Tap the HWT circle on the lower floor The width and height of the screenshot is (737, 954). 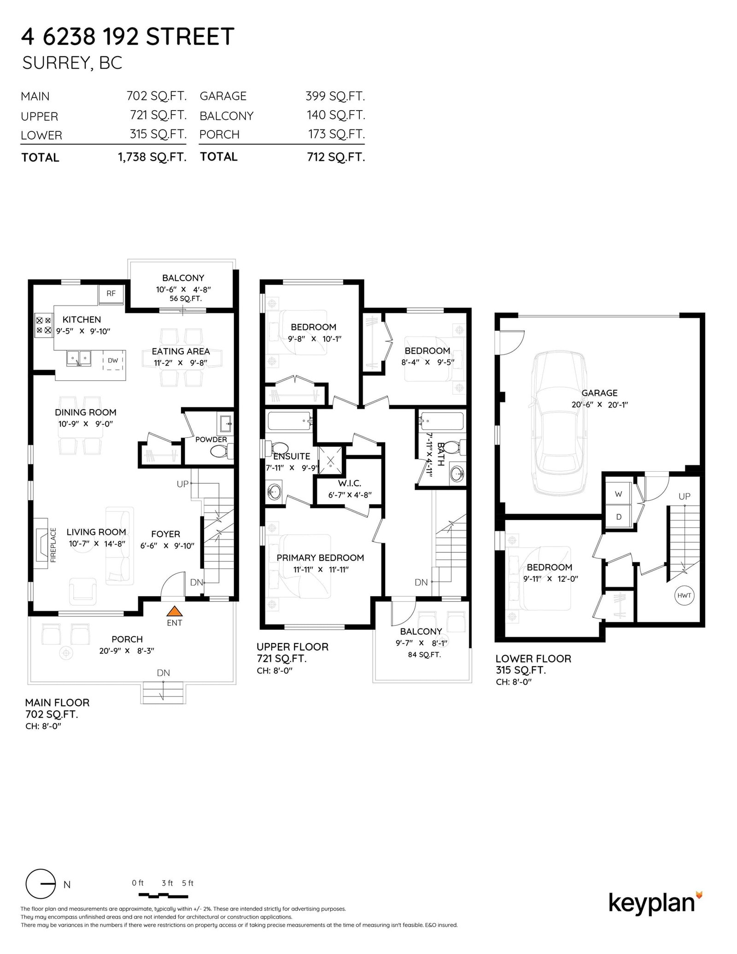point(684,596)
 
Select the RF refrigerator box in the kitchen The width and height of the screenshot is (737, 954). point(111,294)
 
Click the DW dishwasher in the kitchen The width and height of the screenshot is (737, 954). point(113,361)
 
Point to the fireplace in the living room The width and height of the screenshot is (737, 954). point(42,544)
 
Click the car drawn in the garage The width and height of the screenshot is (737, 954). point(560,422)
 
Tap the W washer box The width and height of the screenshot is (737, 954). point(618,494)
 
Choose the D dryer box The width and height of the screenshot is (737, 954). point(618,517)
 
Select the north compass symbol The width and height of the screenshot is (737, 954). point(41,884)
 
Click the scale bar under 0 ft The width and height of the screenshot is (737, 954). point(164,895)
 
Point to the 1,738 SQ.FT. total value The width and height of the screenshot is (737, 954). point(152,157)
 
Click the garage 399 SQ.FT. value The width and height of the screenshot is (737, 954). point(335,96)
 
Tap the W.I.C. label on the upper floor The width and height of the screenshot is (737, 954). point(350,483)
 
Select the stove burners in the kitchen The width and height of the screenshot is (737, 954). point(43,325)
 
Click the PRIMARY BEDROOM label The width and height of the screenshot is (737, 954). point(320,557)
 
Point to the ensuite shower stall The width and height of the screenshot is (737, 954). point(331,459)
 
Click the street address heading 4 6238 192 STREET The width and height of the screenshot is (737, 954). point(128,36)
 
